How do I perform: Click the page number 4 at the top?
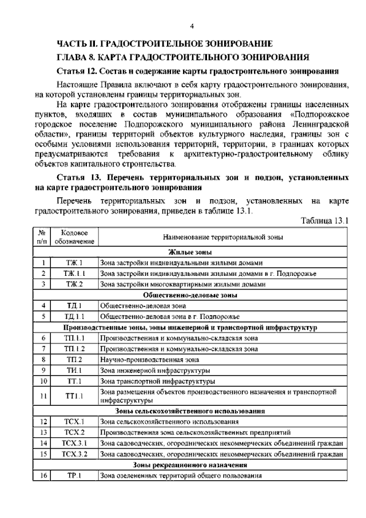coord(192,26)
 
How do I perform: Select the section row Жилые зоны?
coord(190,252)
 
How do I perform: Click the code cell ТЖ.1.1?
coord(74,274)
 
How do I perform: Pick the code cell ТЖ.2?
coord(74,284)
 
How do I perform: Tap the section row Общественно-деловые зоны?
coord(190,295)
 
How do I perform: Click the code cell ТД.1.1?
coord(74,317)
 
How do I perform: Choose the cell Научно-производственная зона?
coord(150,359)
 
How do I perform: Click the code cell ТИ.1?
coord(74,370)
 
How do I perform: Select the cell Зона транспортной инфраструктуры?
coord(157,381)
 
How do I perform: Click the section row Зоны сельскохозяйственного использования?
coord(190,410)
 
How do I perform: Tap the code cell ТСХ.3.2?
coord(74,454)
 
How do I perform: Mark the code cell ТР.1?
coord(74,476)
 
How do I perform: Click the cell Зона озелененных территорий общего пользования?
coord(181,476)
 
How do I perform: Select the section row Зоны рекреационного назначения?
coord(190,465)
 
